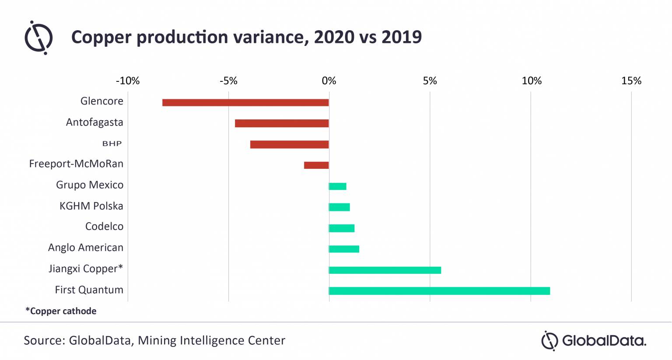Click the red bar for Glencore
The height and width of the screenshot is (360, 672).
245,102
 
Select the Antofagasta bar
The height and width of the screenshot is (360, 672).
281,123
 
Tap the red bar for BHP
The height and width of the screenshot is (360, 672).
289,144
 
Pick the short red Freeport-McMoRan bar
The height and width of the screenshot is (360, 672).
316,165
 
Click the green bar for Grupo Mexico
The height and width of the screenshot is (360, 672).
337,186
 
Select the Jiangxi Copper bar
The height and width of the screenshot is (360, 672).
385,270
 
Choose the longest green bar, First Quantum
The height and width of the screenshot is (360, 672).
439,291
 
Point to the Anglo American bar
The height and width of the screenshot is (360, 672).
344,249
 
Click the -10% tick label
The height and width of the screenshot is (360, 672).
127,81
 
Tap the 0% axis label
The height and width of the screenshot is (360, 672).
329,81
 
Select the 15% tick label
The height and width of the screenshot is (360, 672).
631,81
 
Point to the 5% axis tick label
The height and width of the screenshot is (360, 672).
430,81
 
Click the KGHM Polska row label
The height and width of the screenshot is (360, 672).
91,206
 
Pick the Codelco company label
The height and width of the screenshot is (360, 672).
104,227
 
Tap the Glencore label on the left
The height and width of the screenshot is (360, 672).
101,101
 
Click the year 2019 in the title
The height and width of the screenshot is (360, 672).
401,37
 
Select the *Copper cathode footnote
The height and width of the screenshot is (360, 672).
61,311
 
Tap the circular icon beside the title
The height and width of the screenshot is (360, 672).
38,38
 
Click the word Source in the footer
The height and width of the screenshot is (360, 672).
44,340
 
